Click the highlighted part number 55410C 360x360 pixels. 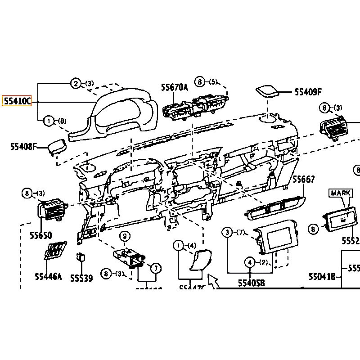point(17,101)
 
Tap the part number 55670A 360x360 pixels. point(175,87)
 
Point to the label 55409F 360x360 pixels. point(308,92)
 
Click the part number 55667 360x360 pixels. point(304,179)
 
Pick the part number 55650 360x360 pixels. point(41,235)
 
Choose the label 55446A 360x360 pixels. point(48,276)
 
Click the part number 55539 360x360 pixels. point(81,278)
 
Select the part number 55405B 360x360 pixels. point(251,283)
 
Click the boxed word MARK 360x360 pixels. point(341,193)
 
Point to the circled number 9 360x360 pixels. point(125,236)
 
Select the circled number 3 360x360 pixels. point(228,232)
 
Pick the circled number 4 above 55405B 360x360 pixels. point(249,262)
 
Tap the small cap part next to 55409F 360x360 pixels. point(267,91)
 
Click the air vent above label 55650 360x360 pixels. point(51,210)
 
